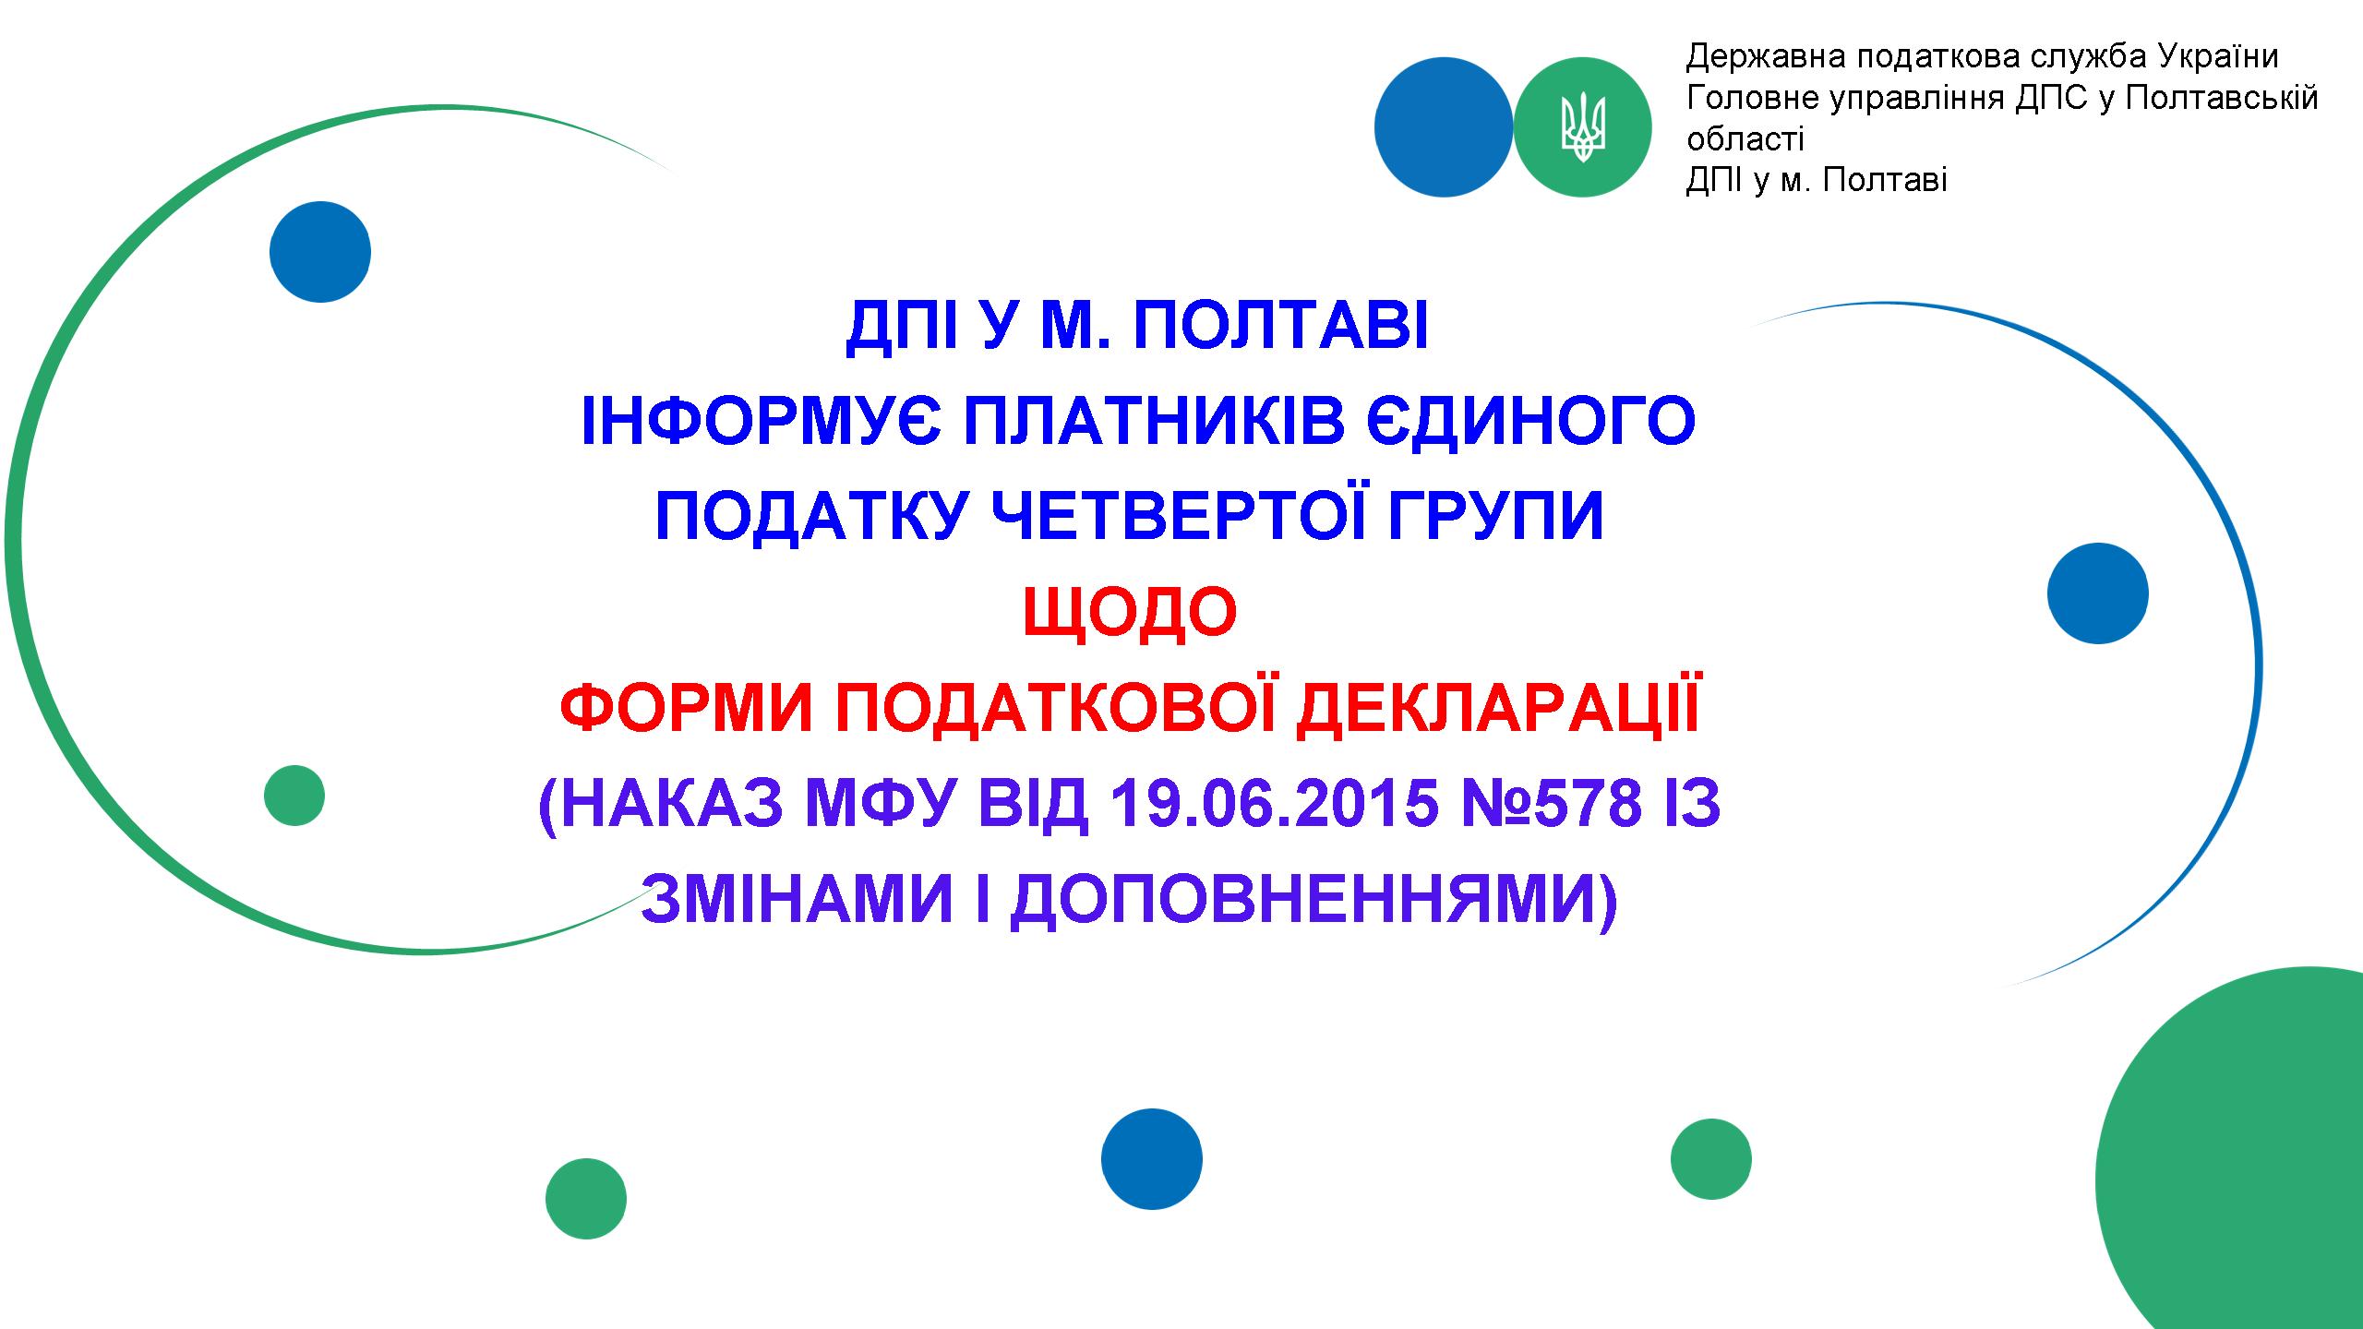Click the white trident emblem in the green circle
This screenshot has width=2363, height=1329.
(1583, 128)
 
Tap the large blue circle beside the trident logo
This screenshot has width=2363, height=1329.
(1444, 127)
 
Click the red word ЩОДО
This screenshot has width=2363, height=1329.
(1130, 612)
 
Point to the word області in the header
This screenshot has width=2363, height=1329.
(1745, 139)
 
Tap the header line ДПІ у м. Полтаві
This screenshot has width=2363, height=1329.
(1817, 180)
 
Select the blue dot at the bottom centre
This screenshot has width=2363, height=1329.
(1152, 1159)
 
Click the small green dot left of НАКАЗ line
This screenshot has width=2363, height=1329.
(294, 796)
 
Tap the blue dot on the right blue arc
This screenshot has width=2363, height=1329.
(2098, 593)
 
